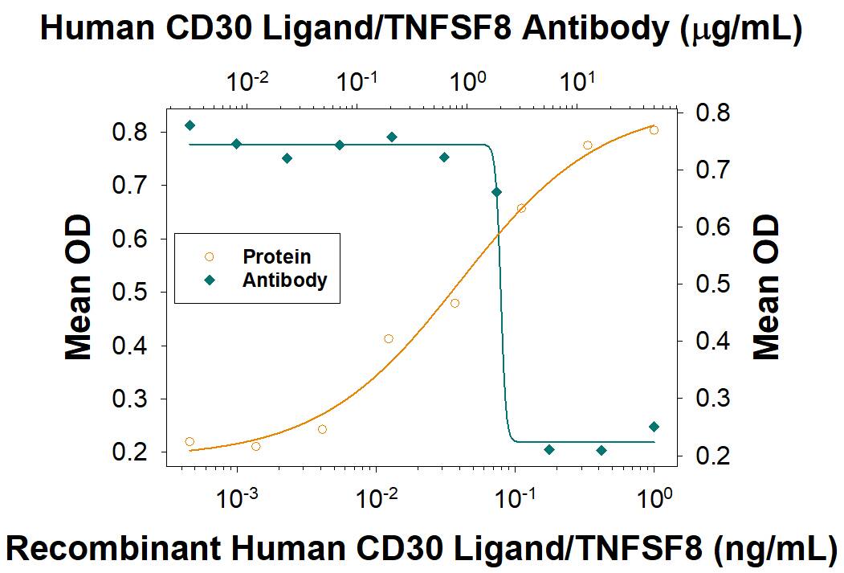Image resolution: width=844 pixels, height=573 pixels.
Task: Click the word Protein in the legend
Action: click(x=276, y=257)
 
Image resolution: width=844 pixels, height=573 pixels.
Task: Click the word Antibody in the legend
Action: click(x=285, y=280)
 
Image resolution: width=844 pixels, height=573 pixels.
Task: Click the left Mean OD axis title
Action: click(x=77, y=287)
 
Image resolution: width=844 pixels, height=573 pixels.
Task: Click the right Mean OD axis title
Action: click(x=768, y=287)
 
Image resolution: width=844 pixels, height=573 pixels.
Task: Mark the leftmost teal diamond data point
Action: click(x=190, y=125)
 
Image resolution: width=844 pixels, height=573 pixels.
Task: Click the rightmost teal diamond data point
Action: click(x=654, y=427)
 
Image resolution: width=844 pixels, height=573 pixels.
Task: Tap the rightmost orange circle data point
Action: click(x=654, y=130)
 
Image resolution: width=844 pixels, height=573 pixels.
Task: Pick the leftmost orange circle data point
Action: click(x=190, y=441)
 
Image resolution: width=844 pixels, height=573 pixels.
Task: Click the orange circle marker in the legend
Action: click(x=210, y=257)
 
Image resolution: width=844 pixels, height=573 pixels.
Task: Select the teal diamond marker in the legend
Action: click(x=210, y=280)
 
